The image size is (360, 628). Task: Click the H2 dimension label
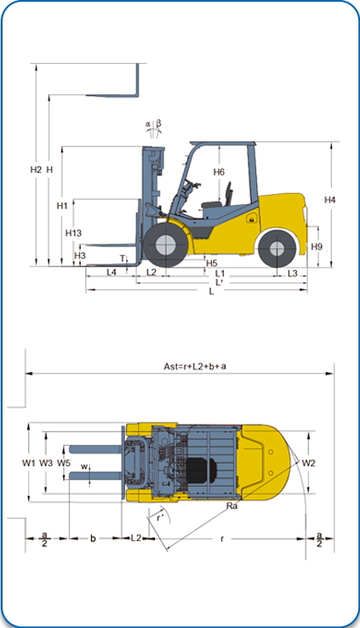[36, 170]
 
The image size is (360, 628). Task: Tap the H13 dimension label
[74, 232]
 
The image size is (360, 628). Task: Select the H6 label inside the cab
[219, 172]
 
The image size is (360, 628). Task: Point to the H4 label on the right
[330, 200]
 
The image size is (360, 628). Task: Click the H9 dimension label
[317, 247]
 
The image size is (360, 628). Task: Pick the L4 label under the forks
[111, 272]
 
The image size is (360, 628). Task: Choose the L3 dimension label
[293, 273]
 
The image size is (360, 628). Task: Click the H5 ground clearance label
[211, 263]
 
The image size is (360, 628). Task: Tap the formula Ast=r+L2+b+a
[195, 366]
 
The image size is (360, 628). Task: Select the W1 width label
[28, 463]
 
